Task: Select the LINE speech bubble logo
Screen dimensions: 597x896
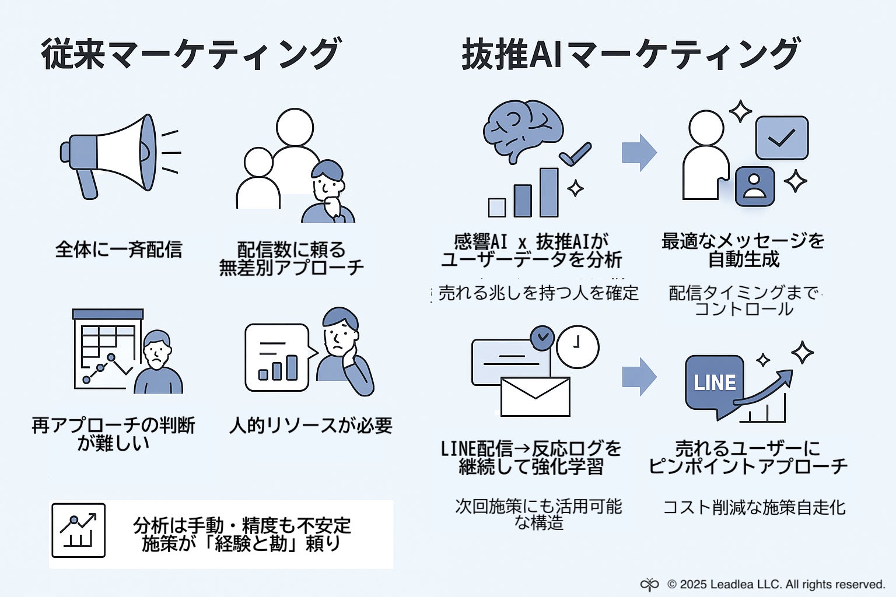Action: (715, 383)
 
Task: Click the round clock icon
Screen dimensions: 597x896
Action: (577, 346)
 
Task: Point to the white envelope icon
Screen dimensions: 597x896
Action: (535, 396)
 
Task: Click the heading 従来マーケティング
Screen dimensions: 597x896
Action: (190, 54)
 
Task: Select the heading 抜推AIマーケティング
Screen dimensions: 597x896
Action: (630, 54)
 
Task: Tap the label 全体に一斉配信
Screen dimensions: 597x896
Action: (118, 250)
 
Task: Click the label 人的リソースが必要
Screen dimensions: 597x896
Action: (310, 426)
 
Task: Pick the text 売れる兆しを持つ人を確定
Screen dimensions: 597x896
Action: (538, 293)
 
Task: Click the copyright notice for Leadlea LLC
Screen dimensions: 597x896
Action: (776, 584)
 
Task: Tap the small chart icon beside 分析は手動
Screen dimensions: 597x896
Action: (78, 531)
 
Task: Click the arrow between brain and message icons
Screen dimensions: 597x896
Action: (639, 153)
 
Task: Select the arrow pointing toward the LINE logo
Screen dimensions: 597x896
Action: (639, 377)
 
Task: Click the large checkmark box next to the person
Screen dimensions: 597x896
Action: (782, 138)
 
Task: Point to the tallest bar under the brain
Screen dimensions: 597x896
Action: (549, 192)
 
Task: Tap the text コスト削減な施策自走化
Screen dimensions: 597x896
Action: (754, 507)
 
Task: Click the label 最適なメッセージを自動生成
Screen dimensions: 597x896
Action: (743, 250)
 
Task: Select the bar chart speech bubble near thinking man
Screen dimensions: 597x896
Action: (278, 357)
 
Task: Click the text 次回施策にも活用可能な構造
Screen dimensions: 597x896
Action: (538, 514)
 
